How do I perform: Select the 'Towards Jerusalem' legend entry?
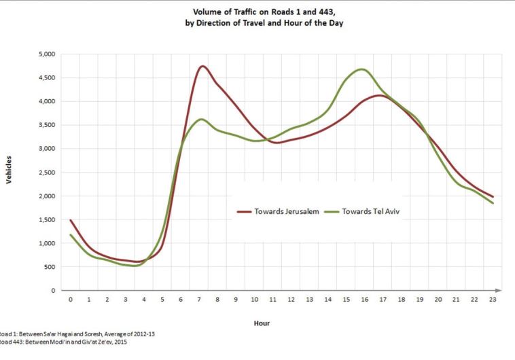click(278, 211)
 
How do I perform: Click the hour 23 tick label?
click(491, 299)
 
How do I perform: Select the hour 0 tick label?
click(70, 299)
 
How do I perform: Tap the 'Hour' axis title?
click(262, 323)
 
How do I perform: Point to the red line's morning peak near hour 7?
click(202, 66)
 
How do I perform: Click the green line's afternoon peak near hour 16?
click(361, 69)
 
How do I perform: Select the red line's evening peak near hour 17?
click(380, 95)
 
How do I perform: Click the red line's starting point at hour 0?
click(70, 220)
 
